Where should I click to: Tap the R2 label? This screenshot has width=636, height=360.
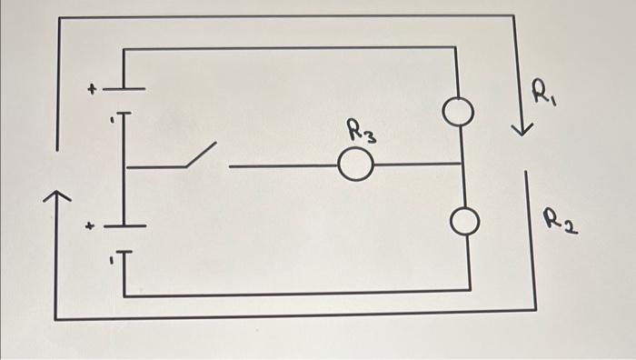pos(559,219)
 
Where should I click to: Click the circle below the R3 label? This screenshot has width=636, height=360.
pos(355,165)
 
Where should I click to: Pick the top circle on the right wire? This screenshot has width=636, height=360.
pos(460,112)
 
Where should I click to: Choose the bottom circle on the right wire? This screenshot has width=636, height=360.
pos(463,222)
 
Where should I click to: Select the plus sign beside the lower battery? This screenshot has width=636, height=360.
pos(88,227)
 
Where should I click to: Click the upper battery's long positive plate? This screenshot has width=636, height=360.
pos(123,89)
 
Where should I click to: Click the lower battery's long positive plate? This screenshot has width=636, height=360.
pos(123,225)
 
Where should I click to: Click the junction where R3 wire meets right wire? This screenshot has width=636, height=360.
pos(462,165)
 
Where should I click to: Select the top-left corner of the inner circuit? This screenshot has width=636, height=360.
pos(124,49)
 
